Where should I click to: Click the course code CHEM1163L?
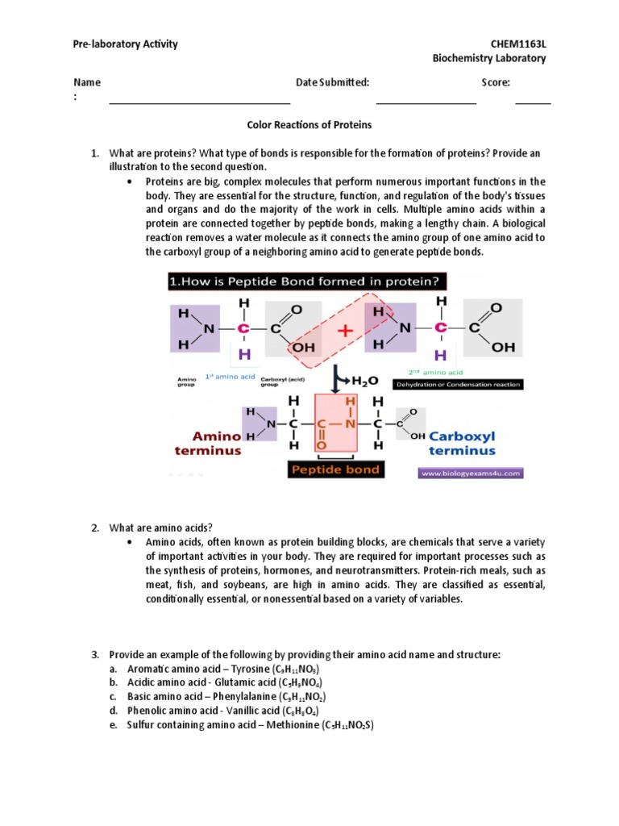click(518, 44)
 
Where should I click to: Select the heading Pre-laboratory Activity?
click(126, 44)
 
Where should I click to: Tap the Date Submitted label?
click(333, 82)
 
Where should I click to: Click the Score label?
click(496, 82)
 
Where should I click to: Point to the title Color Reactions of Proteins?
click(309, 125)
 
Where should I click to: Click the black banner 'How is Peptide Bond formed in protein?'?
click(306, 282)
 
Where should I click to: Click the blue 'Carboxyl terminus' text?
click(462, 443)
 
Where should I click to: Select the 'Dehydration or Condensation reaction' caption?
click(457, 385)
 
